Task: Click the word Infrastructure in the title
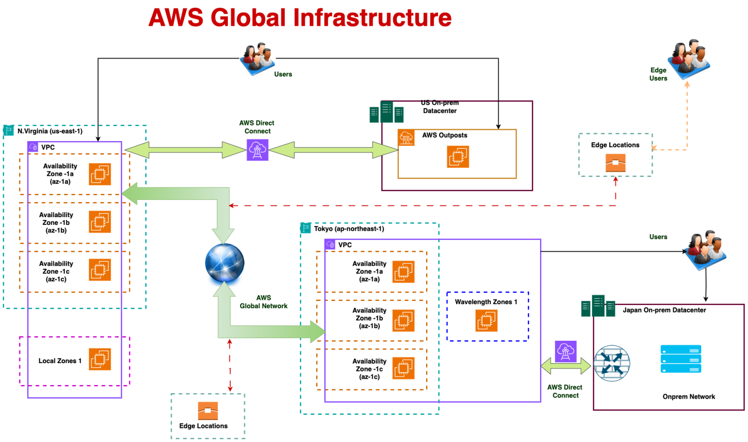[373, 18]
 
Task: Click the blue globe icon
[224, 263]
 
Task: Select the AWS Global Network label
[263, 302]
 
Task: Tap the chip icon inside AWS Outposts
[458, 157]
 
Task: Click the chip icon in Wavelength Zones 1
[486, 320]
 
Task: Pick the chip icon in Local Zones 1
[100, 359]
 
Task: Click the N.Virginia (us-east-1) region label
[50, 131]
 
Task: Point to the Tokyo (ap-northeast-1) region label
[349, 229]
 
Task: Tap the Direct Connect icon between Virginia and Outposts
[257, 150]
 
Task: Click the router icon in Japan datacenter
[612, 364]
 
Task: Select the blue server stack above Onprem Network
[680, 359]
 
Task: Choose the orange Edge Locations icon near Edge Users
[615, 163]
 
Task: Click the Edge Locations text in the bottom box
[203, 426]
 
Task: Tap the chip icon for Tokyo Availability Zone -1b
[403, 320]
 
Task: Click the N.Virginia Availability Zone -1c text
[56, 271]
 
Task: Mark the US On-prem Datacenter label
[440, 107]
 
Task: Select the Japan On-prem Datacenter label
[664, 310]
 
